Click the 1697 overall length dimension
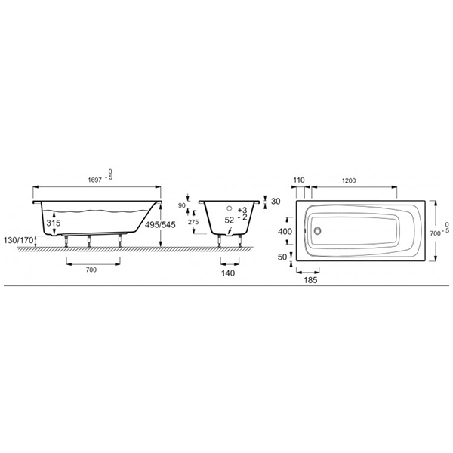(95, 180)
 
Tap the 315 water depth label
(54, 223)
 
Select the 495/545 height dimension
(160, 224)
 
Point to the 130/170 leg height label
(18, 240)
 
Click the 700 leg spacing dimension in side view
(91, 270)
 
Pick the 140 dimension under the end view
(228, 273)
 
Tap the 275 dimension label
(193, 222)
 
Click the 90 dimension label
(182, 205)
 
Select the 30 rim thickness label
(276, 201)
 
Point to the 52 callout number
(229, 220)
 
